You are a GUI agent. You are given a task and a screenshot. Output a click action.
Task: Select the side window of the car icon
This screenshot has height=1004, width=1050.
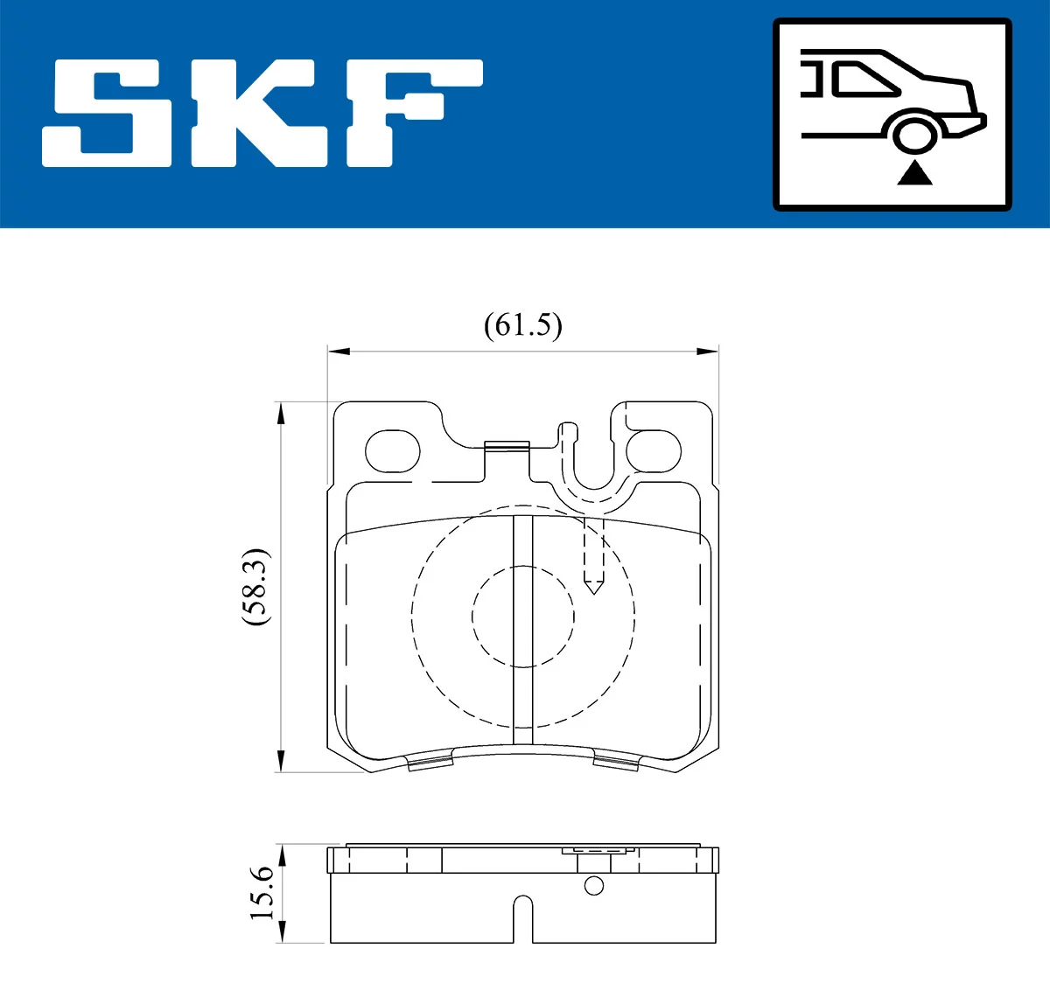point(862,80)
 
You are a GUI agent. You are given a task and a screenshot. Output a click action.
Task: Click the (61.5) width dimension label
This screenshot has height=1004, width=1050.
point(522,325)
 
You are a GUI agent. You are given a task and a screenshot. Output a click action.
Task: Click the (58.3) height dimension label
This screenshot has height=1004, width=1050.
point(256,587)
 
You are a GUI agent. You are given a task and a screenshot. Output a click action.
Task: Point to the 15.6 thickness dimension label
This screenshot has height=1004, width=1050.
point(262,893)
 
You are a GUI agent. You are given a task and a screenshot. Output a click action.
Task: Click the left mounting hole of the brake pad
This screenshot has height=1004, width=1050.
point(392,452)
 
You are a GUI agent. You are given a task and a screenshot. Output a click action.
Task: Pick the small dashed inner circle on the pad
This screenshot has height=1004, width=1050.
point(523,617)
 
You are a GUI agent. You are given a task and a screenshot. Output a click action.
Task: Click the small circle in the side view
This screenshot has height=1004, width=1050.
point(594,886)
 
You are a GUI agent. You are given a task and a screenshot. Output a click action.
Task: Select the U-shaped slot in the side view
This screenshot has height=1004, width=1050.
point(522,918)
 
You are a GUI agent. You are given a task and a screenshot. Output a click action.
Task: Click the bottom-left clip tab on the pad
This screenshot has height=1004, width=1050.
point(432,763)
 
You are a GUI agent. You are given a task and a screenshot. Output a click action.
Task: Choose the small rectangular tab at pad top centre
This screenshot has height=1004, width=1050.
point(507,446)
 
